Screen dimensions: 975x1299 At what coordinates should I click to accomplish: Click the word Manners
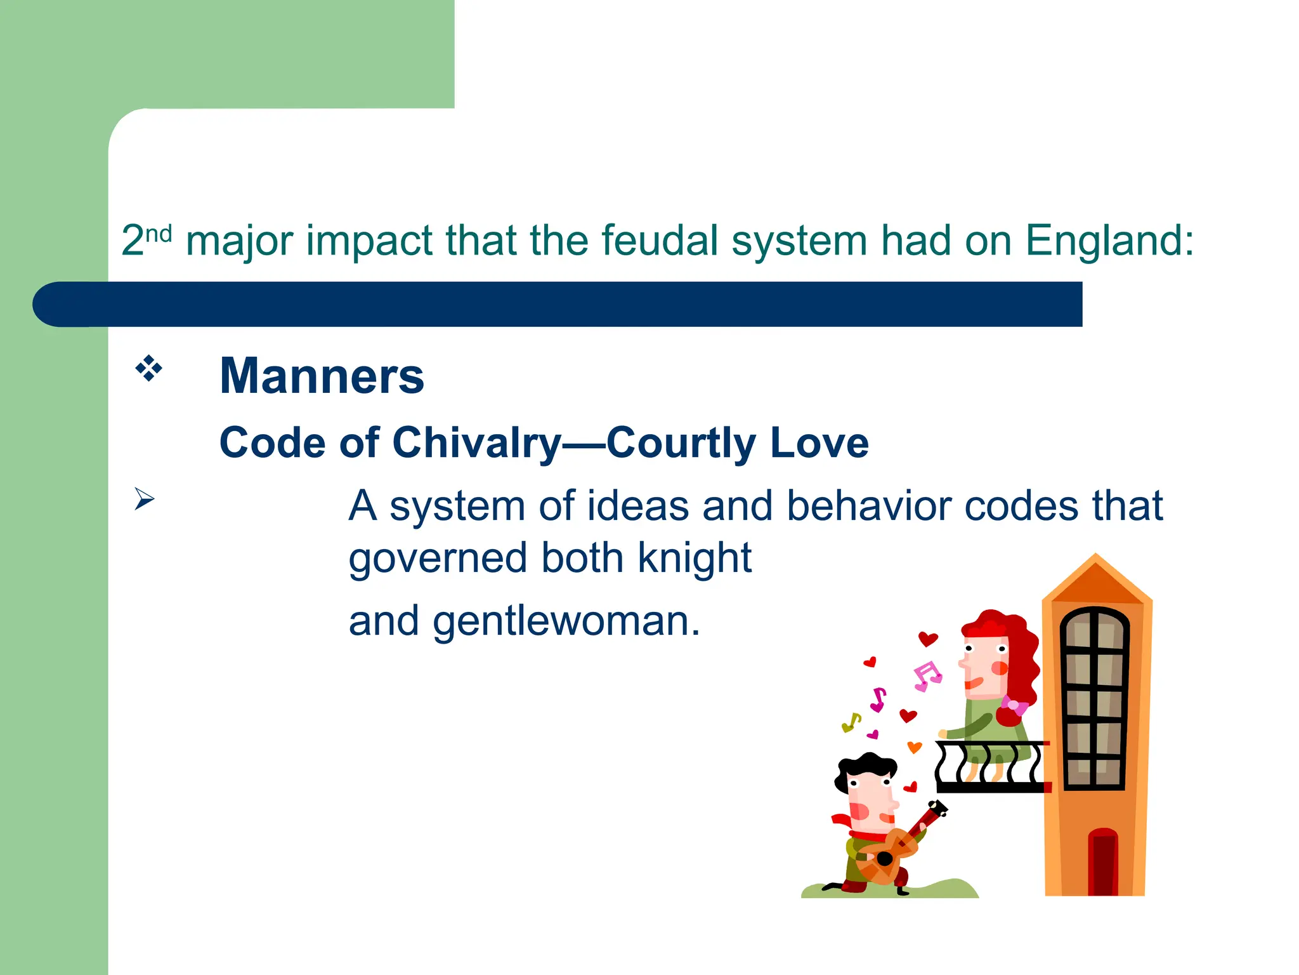(322, 376)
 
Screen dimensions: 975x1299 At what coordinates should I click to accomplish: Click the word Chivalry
(477, 442)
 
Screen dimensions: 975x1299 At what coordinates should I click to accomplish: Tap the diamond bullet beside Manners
(148, 369)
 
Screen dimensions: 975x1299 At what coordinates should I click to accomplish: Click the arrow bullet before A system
(144, 500)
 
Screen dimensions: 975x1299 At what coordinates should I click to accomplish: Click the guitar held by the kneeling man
(890, 854)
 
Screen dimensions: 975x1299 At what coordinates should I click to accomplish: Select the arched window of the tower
(1095, 698)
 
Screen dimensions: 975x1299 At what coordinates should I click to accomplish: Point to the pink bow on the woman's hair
(1014, 705)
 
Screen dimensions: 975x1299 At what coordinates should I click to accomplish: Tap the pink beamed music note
(927, 676)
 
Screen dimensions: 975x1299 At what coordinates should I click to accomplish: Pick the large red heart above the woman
(928, 639)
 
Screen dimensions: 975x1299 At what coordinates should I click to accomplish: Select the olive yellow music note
(851, 722)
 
